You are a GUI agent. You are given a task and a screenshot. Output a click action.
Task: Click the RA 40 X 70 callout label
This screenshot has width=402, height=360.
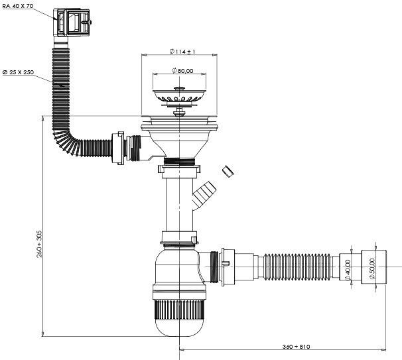point(18,6)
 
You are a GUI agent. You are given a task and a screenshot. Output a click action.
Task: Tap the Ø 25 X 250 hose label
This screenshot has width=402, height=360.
point(18,72)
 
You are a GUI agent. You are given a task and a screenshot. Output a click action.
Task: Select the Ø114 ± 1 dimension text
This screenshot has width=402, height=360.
point(182,52)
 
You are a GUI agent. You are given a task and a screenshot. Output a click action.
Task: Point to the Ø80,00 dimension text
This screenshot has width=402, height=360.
point(182,70)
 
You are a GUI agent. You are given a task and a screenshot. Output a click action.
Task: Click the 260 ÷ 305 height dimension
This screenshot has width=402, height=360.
point(39,244)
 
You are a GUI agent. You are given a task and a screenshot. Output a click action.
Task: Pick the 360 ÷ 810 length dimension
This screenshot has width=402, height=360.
point(296,347)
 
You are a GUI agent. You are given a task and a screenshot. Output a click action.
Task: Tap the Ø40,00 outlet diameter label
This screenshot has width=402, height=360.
point(348,270)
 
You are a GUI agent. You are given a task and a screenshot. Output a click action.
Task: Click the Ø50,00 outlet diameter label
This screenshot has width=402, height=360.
point(372,269)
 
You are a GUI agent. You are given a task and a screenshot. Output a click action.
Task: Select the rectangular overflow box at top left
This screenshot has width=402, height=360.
point(72,23)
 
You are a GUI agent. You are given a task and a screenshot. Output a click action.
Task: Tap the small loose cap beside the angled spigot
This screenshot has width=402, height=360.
point(228,172)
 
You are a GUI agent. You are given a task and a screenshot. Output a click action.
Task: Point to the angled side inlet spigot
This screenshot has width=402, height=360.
point(204,195)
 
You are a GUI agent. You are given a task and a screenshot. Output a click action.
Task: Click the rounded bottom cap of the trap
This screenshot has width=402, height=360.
point(180,328)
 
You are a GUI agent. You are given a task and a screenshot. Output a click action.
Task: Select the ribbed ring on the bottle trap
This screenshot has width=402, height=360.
point(180,310)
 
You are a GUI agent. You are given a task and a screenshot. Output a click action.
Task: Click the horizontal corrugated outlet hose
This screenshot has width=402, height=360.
point(297,267)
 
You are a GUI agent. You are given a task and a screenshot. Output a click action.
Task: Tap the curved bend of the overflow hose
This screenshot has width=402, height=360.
point(66,143)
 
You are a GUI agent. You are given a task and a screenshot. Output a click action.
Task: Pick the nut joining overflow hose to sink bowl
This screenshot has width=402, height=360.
point(118,148)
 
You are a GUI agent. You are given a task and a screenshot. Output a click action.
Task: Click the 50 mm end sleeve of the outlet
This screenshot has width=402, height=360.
point(373,267)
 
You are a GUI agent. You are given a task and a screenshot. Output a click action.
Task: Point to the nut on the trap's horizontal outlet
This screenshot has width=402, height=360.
point(227,267)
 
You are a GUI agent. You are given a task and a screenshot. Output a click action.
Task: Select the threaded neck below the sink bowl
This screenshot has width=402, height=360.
point(180,162)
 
